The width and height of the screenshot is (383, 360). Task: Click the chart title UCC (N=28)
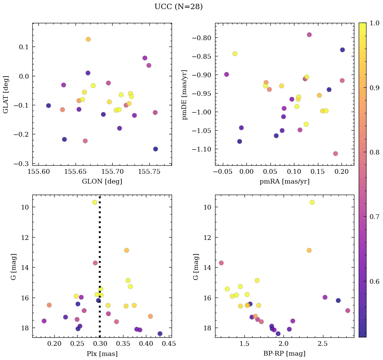(x=178, y=7)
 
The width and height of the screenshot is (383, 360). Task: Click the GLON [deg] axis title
(x=102, y=182)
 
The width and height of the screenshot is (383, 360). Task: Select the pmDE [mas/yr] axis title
(x=185, y=95)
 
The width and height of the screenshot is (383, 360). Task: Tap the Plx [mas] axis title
(x=102, y=354)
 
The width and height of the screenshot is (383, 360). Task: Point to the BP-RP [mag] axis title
(x=284, y=354)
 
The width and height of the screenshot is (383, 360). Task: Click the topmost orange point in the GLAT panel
(x=88, y=39)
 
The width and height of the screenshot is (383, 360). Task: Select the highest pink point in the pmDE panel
(x=309, y=35)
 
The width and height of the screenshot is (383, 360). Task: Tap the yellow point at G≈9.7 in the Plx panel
(x=95, y=202)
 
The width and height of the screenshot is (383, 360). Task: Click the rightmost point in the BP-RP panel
(x=348, y=310)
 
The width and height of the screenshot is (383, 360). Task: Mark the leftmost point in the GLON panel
(x=49, y=106)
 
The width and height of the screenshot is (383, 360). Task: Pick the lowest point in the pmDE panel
(x=335, y=154)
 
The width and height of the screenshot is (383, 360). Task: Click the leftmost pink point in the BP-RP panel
(x=221, y=263)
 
